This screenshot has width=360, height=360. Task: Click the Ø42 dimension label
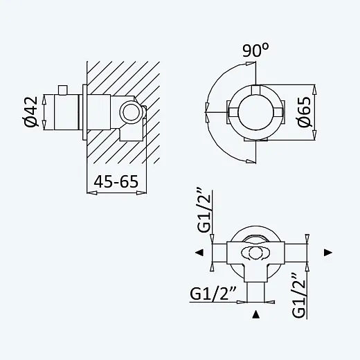coord(30,112)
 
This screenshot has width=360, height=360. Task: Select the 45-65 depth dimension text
coord(116,181)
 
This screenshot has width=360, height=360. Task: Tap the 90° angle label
coord(255,51)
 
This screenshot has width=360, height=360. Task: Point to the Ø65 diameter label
coord(304,112)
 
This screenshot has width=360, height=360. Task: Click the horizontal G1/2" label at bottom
coord(213,294)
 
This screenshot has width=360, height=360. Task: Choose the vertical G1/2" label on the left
coord(204,211)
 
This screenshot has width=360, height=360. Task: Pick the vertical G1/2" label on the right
coord(298,296)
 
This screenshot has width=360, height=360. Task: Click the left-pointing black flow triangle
coord(199,253)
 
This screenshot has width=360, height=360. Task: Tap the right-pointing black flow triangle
coord(328,253)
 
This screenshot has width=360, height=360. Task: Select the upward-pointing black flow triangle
coord(255,314)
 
